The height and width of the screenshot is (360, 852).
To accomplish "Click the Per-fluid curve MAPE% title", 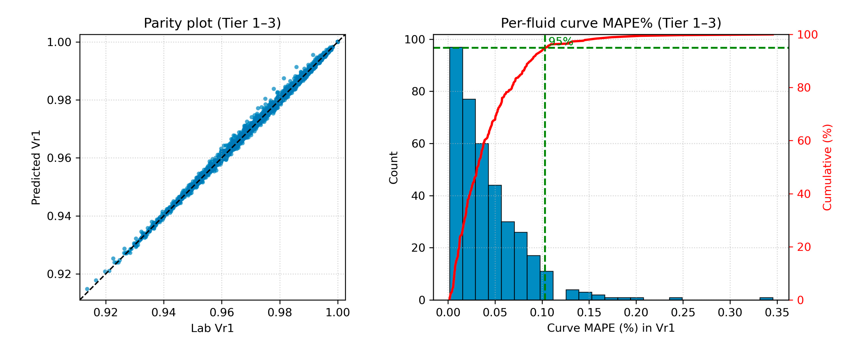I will [611, 23].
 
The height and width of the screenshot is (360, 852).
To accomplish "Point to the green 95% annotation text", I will [560, 41].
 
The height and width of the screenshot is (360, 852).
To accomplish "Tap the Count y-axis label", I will [393, 168].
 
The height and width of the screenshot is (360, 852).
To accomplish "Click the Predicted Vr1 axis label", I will [36, 167].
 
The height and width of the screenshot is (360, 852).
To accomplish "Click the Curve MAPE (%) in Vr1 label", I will [611, 328].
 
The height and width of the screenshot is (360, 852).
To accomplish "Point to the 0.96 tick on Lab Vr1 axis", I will [222, 312].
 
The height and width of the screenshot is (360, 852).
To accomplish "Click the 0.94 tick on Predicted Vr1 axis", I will [59, 216].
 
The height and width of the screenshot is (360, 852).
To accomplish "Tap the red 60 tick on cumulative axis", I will [804, 141].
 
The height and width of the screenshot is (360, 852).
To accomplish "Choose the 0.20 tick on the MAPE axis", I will [636, 312].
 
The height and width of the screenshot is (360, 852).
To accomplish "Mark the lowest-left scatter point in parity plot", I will [87, 289].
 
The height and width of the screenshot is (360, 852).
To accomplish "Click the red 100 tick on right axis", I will [807, 35].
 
